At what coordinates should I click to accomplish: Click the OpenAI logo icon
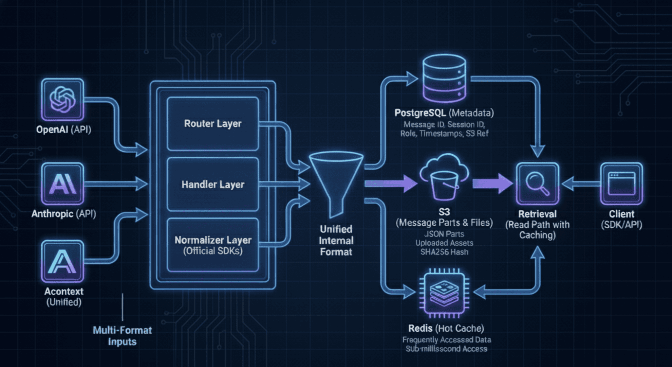click(62, 99)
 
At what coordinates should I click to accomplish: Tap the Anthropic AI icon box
click(62, 184)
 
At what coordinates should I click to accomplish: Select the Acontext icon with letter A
click(62, 261)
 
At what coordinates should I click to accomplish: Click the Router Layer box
click(213, 124)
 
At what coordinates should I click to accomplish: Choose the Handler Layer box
click(213, 185)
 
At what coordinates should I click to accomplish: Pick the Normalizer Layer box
click(213, 245)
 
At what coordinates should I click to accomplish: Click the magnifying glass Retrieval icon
click(537, 184)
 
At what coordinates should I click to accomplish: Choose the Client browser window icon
click(621, 184)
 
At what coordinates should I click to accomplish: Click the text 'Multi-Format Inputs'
click(122, 336)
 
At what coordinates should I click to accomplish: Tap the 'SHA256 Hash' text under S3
click(444, 252)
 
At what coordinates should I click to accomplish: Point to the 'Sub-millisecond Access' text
click(446, 349)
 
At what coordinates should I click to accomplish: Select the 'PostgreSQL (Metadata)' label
click(444, 113)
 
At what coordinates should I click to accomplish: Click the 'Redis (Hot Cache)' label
click(446, 328)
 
